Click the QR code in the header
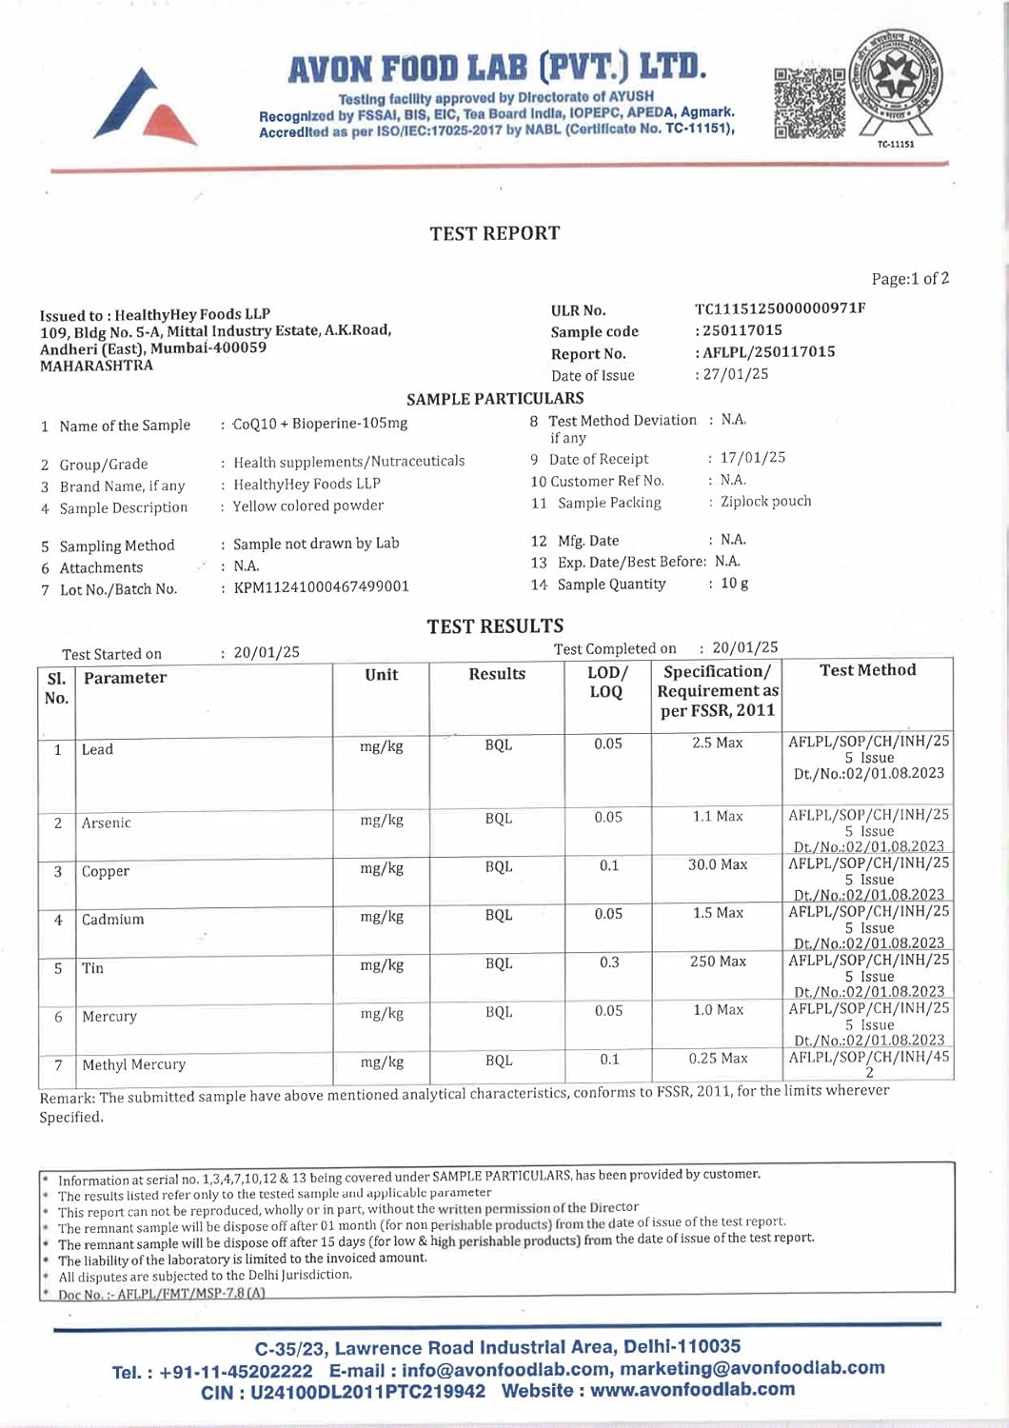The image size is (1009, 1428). click(809, 103)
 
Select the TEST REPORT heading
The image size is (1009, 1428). click(495, 233)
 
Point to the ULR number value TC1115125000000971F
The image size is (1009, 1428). click(781, 308)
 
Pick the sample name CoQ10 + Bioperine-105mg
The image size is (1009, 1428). click(320, 424)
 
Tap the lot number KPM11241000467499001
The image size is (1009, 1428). click(322, 587)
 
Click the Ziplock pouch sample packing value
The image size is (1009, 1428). click(766, 502)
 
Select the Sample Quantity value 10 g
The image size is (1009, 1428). click(735, 584)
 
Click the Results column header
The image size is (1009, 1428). click(497, 674)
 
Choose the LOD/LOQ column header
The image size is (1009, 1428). click(607, 682)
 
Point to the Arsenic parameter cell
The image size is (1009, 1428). click(107, 823)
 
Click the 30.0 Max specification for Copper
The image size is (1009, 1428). click(718, 865)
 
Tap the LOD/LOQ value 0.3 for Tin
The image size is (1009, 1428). click(609, 962)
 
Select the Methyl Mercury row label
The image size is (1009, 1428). click(134, 1065)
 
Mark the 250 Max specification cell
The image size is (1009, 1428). click(718, 962)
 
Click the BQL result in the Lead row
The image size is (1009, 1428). click(499, 745)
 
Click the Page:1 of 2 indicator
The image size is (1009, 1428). click(910, 279)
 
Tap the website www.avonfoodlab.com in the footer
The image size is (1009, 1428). click(693, 1390)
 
